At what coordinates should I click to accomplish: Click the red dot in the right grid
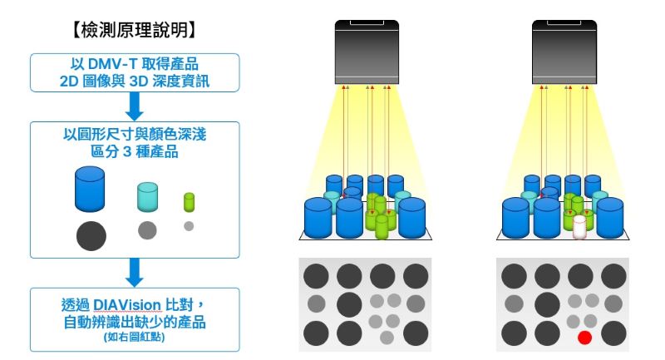pyautogui.click(x=584, y=338)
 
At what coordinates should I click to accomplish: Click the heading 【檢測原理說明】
pyautogui.click(x=135, y=31)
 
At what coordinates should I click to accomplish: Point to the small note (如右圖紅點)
pyautogui.click(x=134, y=337)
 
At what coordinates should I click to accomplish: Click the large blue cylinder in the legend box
pyautogui.click(x=90, y=190)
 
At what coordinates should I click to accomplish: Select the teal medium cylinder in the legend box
pyautogui.click(x=147, y=196)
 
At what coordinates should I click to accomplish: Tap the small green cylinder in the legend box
pyautogui.click(x=189, y=201)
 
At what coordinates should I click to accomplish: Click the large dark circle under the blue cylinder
pyautogui.click(x=91, y=235)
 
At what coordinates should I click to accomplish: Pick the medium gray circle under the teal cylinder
pyautogui.click(x=147, y=229)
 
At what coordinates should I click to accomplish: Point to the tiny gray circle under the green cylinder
pyautogui.click(x=189, y=226)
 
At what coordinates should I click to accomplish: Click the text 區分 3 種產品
pyautogui.click(x=134, y=152)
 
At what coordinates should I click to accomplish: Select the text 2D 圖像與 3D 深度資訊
pyautogui.click(x=134, y=81)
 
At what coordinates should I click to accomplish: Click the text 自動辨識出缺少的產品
pyautogui.click(x=134, y=320)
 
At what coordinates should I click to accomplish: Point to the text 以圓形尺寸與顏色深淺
pyautogui.click(x=134, y=134)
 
